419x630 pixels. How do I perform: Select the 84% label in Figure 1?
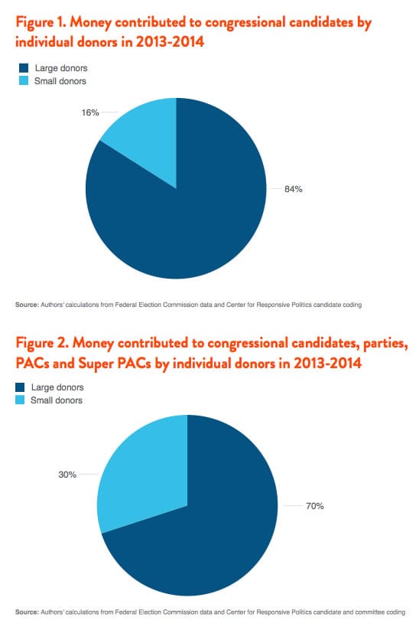coord(293,189)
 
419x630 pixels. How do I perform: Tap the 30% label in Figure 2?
coord(67,475)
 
